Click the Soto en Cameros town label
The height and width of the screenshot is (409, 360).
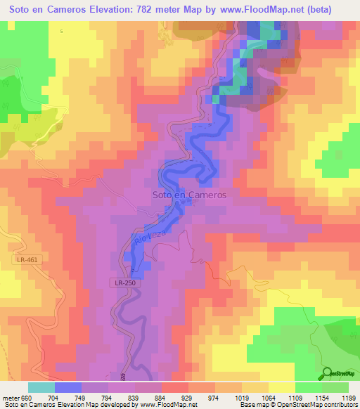189,195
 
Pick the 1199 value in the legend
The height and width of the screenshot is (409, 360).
347,397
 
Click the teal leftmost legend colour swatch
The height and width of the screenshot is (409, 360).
41,387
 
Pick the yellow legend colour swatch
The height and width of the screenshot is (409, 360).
279,387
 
